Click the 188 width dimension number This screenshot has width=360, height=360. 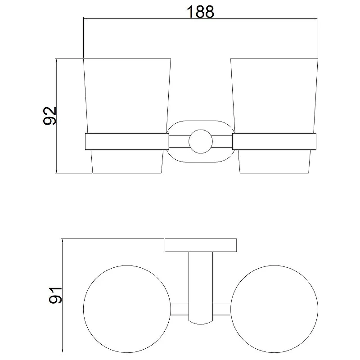(200, 12)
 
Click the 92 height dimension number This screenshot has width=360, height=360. (49, 116)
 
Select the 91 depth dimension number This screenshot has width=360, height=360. (55, 295)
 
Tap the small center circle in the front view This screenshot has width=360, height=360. (201, 141)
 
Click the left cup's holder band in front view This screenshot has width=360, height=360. (127, 141)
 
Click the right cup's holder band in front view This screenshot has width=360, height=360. (274, 141)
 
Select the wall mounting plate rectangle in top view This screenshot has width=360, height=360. (201, 245)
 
